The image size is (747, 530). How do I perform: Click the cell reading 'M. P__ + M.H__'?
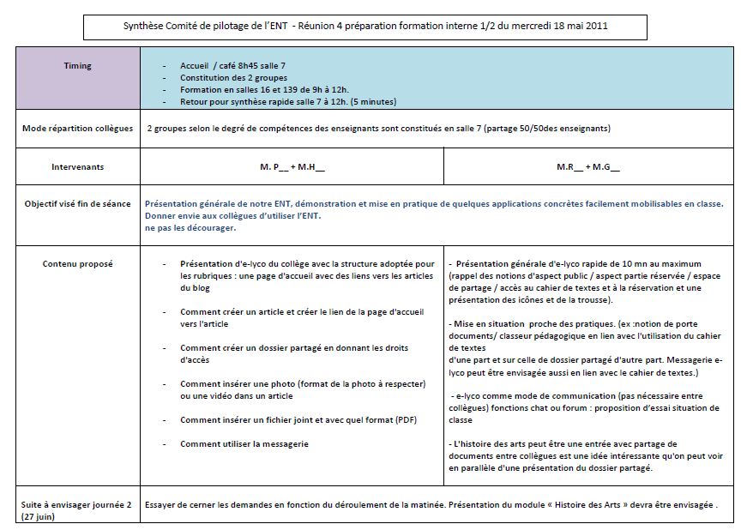292,167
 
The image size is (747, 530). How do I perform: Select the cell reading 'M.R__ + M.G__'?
587,167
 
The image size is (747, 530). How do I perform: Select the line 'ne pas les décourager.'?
190,228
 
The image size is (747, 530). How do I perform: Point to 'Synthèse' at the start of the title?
144,27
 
